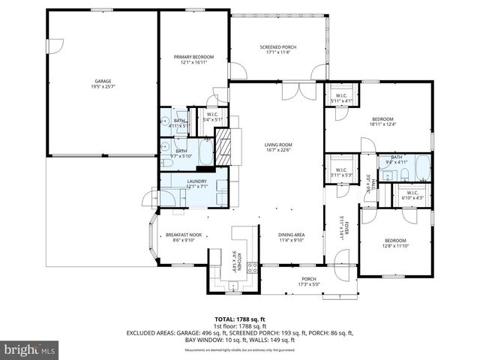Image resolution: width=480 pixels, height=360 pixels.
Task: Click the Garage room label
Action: [103, 83]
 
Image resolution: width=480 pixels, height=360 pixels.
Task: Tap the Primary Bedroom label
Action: [194, 59]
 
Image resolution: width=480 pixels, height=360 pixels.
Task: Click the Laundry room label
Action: [197, 183]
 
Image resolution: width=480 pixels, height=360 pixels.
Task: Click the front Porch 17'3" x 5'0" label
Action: [309, 281]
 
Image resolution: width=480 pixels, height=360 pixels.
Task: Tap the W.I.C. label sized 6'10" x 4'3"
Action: [412, 195]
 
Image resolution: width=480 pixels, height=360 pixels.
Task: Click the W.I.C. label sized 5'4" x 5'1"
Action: [213, 116]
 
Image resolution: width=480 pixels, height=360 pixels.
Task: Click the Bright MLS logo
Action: [30, 349]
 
